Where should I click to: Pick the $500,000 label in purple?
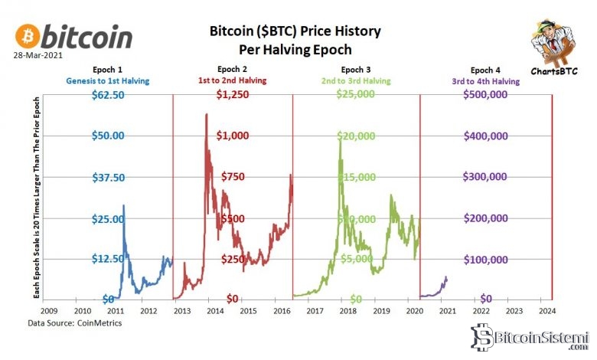[488, 95]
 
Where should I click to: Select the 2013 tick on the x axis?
[181, 311]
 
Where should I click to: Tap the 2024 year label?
[547, 311]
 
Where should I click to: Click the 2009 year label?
[47, 311]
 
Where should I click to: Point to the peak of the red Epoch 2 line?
[206, 115]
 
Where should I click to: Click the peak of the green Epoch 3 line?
[339, 138]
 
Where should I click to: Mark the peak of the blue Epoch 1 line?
[123, 205]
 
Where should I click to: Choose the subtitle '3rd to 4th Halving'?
[488, 80]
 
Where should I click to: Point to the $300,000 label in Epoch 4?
[488, 177]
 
